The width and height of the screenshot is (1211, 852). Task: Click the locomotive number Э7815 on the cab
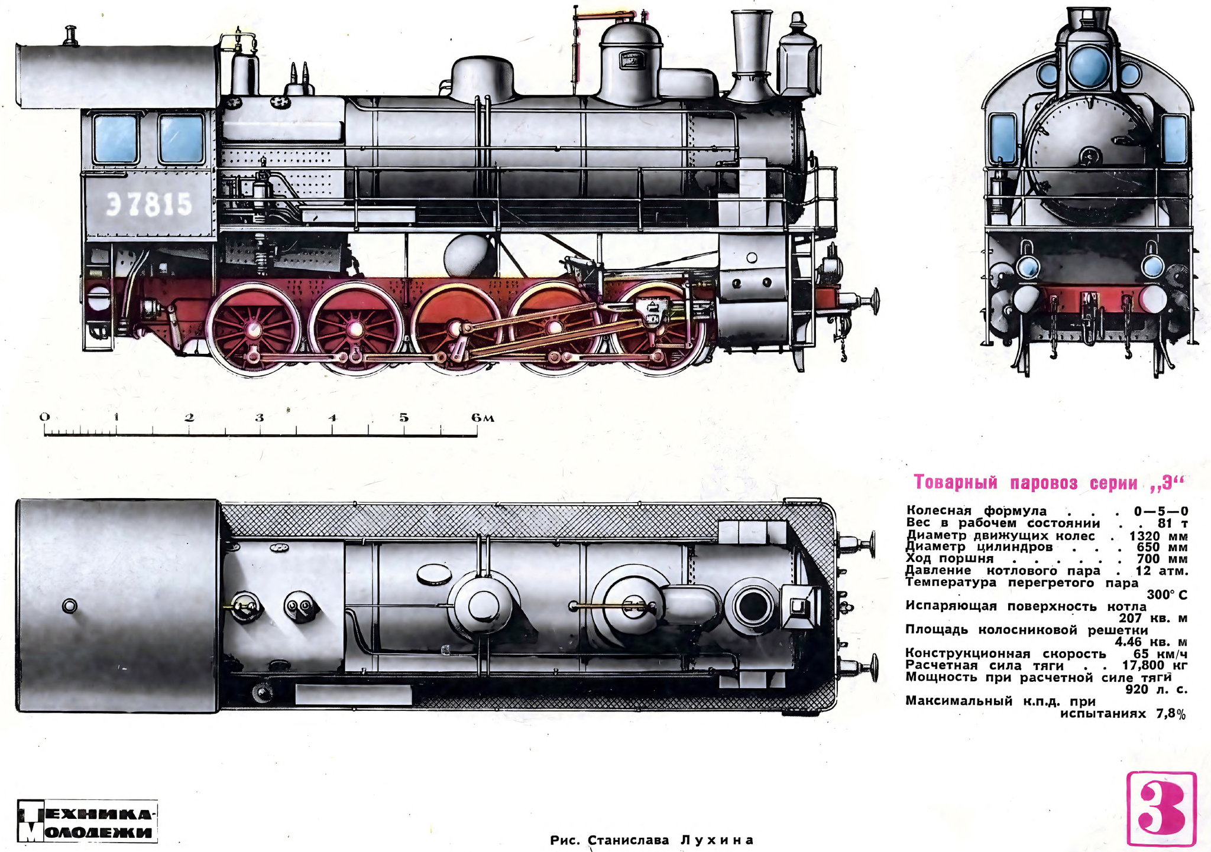click(x=150, y=205)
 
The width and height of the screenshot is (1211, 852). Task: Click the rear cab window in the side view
click(x=116, y=139)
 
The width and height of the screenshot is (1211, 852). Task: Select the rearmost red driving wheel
click(x=253, y=328)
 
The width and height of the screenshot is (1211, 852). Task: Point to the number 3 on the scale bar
click(x=260, y=418)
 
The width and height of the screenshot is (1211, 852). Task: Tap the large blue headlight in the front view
click(x=1088, y=65)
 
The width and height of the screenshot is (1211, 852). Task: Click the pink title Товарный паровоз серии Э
click(x=1050, y=483)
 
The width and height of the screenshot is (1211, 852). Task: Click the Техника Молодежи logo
click(x=88, y=821)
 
